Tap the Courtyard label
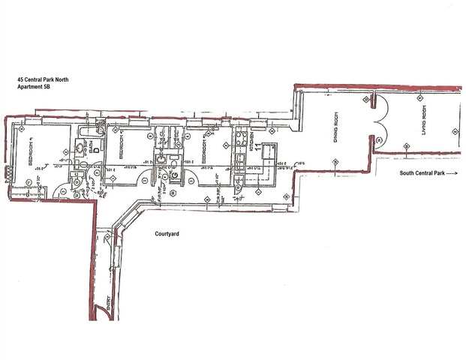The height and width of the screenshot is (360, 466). [x=167, y=234]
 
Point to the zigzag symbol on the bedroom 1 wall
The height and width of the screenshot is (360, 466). [x=8, y=172]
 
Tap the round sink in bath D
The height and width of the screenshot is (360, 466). [x=79, y=149]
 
